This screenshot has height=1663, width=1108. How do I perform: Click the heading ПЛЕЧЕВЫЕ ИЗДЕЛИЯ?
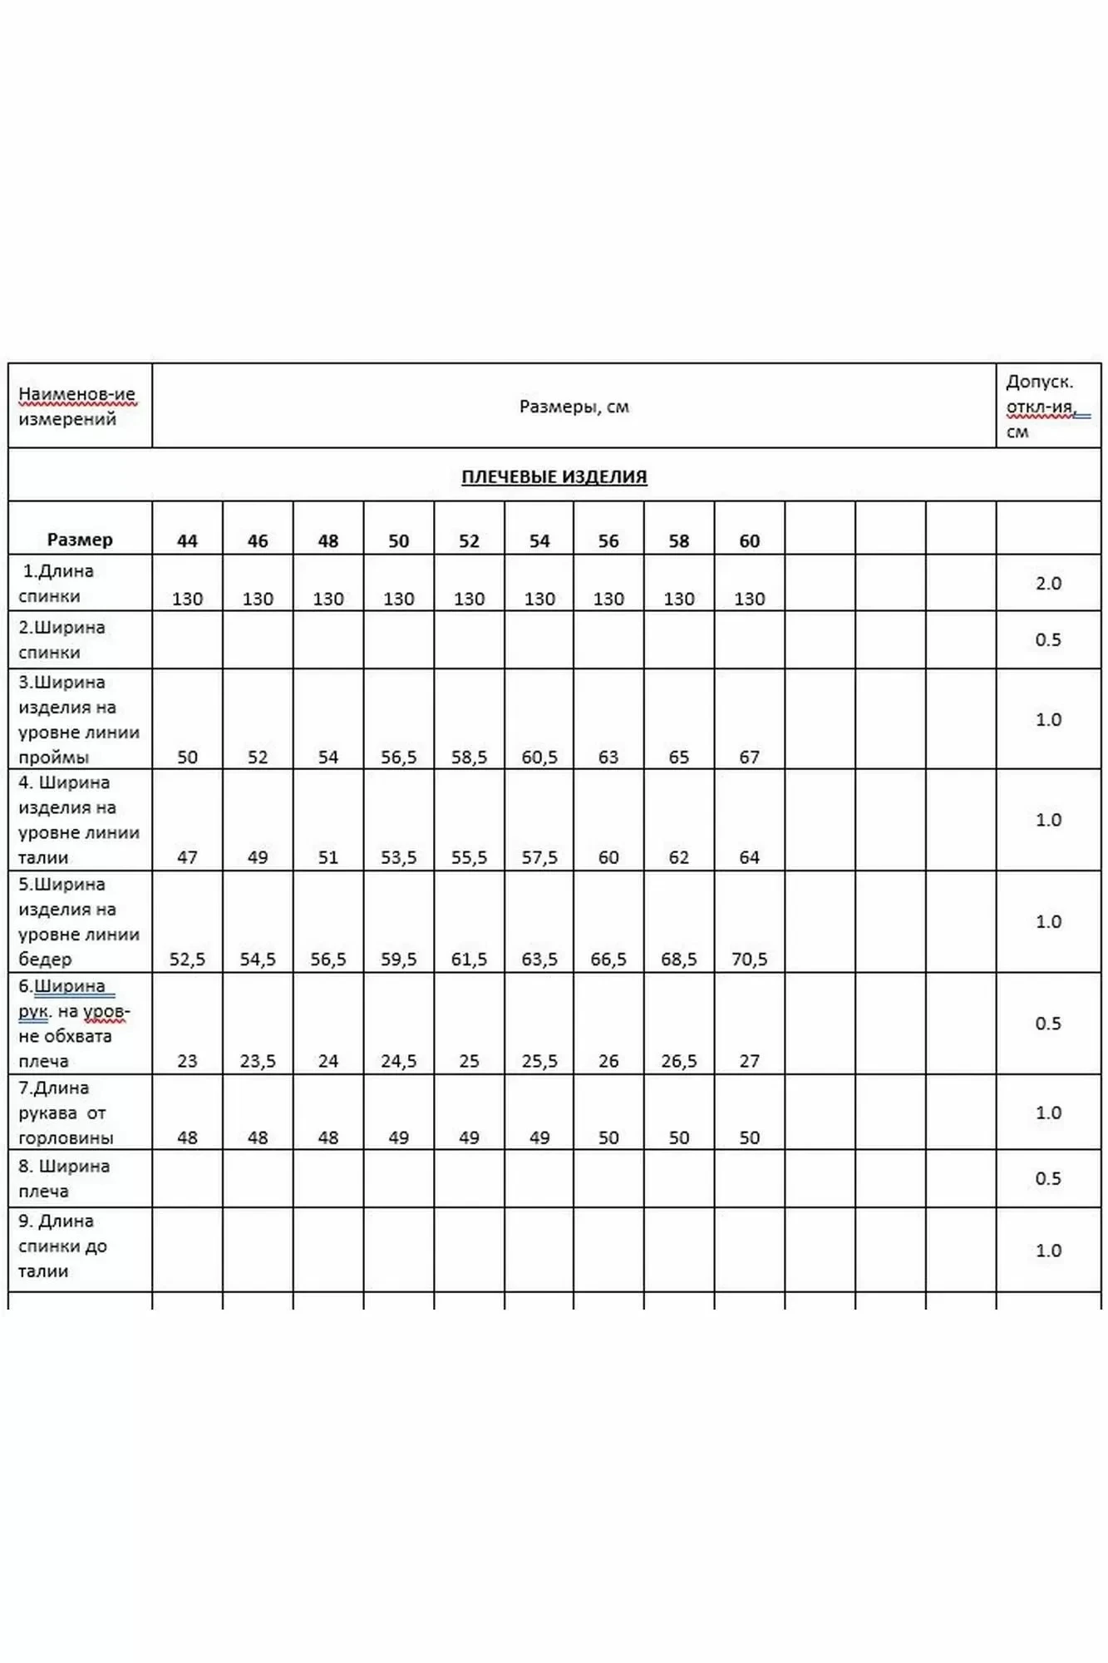point(554,476)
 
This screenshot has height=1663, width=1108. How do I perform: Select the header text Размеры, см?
point(574,407)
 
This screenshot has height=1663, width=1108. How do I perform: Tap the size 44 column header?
point(187,540)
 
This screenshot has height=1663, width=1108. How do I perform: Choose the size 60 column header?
point(749,540)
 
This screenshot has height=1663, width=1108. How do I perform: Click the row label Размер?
point(80,540)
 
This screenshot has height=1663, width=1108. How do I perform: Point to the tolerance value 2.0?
point(1048,583)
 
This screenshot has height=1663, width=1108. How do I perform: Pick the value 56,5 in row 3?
point(398,757)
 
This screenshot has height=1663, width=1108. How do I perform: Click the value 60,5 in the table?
point(539,757)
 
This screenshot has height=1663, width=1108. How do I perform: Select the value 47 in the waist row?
point(187,857)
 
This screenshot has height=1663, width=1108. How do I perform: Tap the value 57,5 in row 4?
point(539,857)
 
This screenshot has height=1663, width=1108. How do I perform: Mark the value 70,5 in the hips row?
point(749,959)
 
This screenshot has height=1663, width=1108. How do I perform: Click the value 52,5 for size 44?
point(187,959)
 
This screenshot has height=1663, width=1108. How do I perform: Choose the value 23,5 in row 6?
point(258,1061)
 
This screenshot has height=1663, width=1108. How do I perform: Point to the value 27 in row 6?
point(749,1061)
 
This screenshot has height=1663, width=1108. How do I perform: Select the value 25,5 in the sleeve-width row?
point(539,1061)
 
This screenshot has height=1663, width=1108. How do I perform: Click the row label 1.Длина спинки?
point(57,584)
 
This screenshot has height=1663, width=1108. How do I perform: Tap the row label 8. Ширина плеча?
point(64,1178)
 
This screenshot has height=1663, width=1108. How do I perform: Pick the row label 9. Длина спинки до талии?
point(62,1246)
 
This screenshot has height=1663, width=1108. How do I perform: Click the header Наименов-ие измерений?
point(76,407)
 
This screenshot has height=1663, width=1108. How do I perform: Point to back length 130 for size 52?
point(469,599)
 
